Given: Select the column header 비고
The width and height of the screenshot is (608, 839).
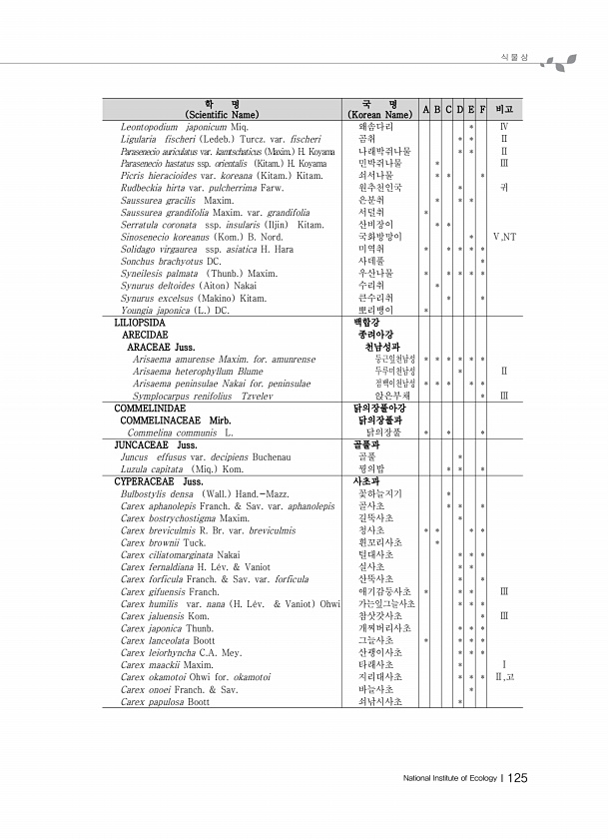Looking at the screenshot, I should pos(504,108).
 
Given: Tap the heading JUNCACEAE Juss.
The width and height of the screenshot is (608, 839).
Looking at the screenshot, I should pos(155,444).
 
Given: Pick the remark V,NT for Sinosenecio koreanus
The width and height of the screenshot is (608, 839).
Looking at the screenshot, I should pos(504,237).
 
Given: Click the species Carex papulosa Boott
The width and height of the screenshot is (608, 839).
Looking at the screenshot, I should pos(165,702).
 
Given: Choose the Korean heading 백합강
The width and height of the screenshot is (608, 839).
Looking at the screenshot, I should pos(367,324).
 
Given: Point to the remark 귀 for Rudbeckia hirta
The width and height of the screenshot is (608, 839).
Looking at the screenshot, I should pos(504,187).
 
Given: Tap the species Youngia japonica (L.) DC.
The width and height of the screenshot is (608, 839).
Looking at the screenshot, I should pos(175,311).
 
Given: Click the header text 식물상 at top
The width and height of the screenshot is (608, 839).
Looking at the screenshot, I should pos(513,59).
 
